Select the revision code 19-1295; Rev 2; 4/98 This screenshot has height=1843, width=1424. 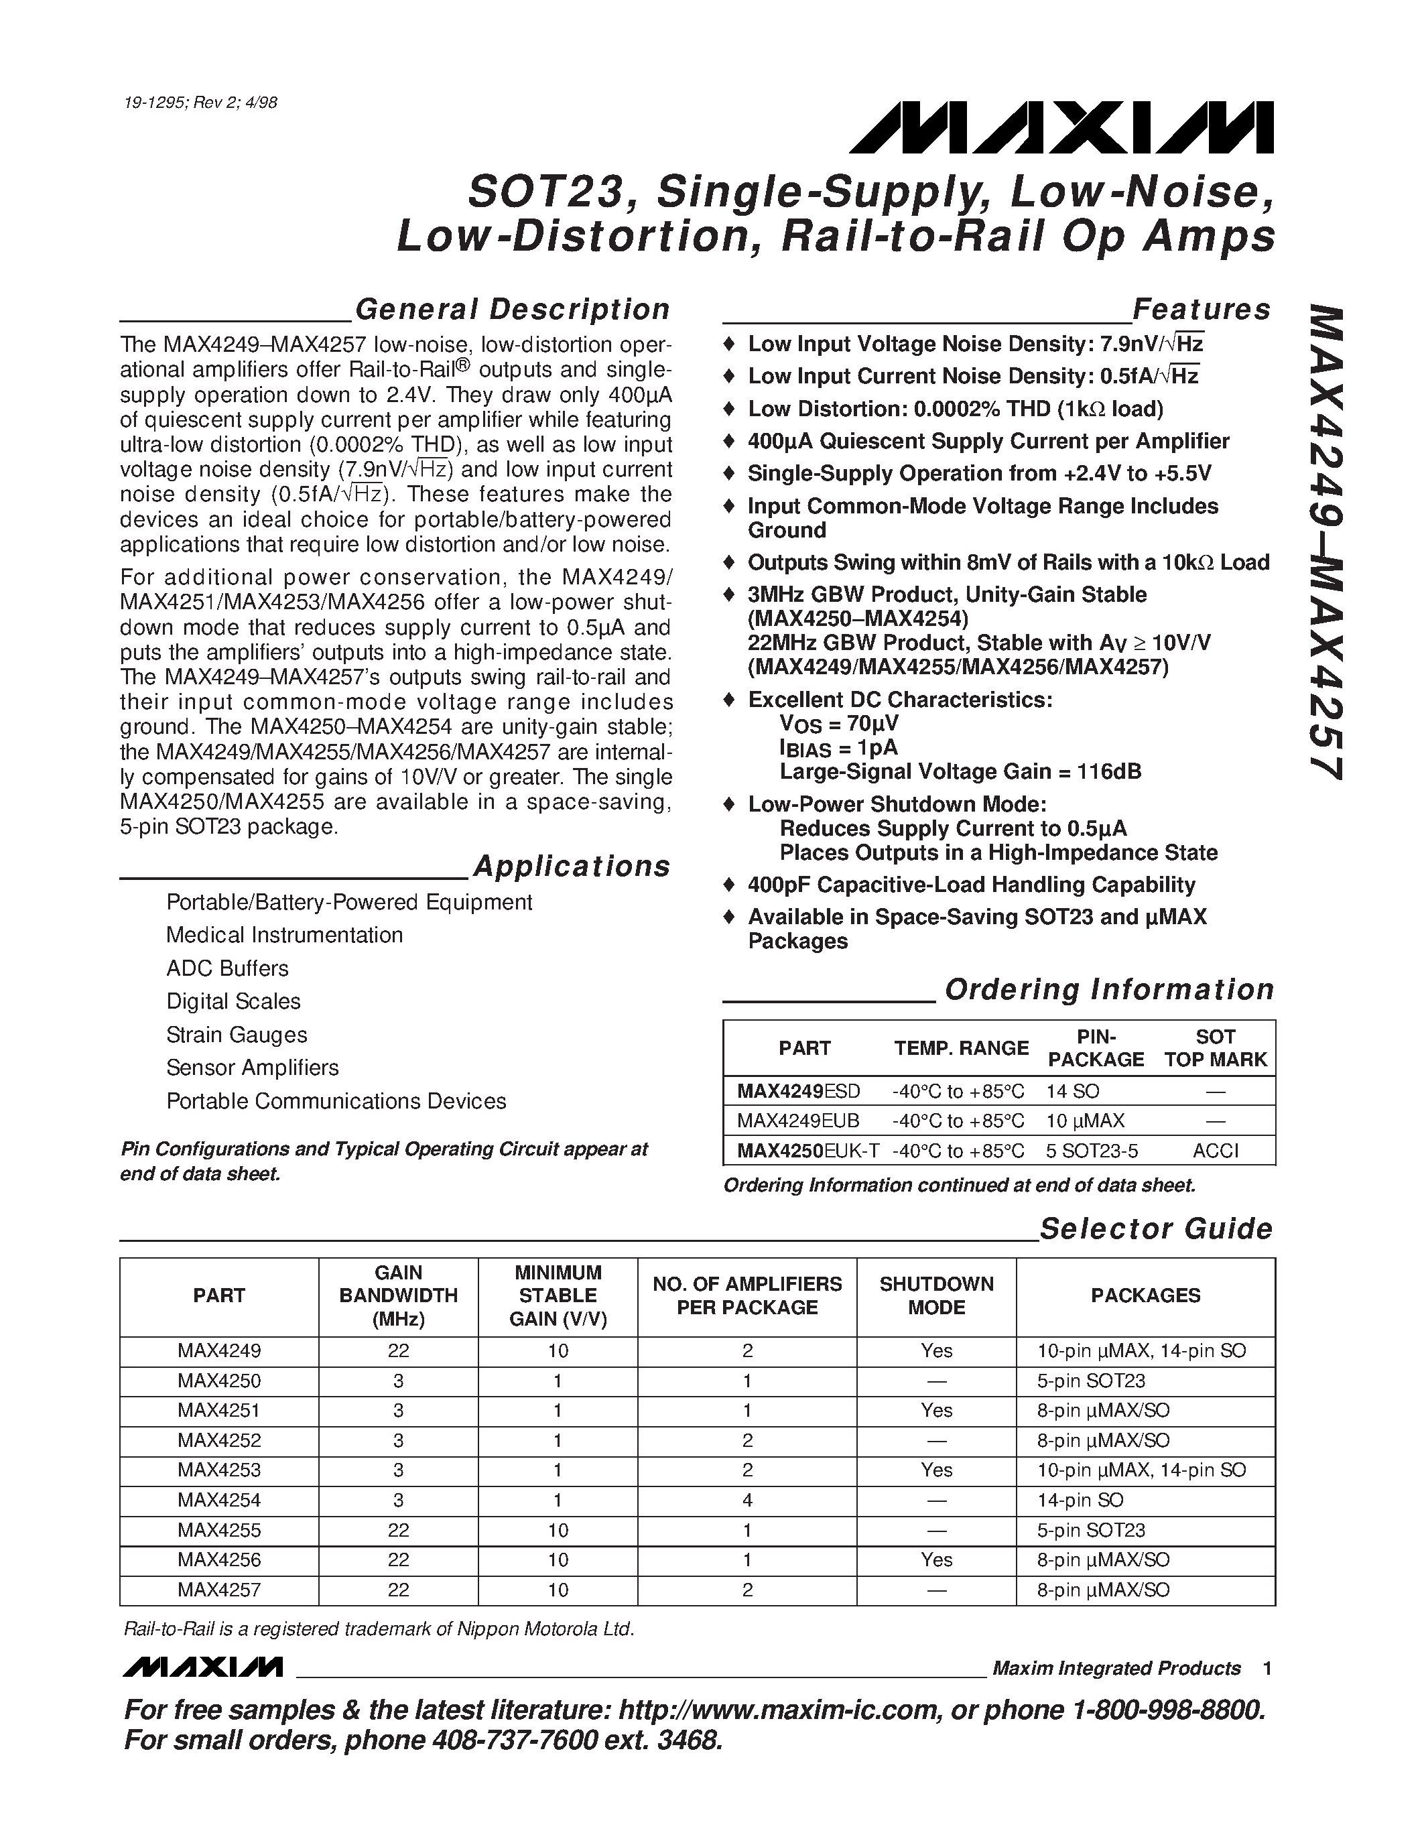[200, 103]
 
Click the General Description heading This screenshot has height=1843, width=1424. [512, 310]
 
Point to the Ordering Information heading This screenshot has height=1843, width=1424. [1108, 989]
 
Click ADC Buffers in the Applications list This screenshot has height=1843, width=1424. [227, 968]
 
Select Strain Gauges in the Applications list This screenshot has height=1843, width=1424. [236, 1035]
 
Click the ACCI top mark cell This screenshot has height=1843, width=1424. [1215, 1150]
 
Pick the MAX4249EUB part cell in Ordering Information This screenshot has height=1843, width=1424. [797, 1121]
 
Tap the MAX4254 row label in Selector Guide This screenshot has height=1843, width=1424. [218, 1500]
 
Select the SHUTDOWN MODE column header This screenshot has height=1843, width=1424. [935, 1295]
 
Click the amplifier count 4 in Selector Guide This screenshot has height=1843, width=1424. [747, 1500]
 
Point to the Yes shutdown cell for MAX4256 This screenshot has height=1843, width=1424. [935, 1560]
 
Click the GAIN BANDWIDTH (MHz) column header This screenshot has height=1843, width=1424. [398, 1295]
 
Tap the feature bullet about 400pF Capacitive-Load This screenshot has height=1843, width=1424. [970, 885]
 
